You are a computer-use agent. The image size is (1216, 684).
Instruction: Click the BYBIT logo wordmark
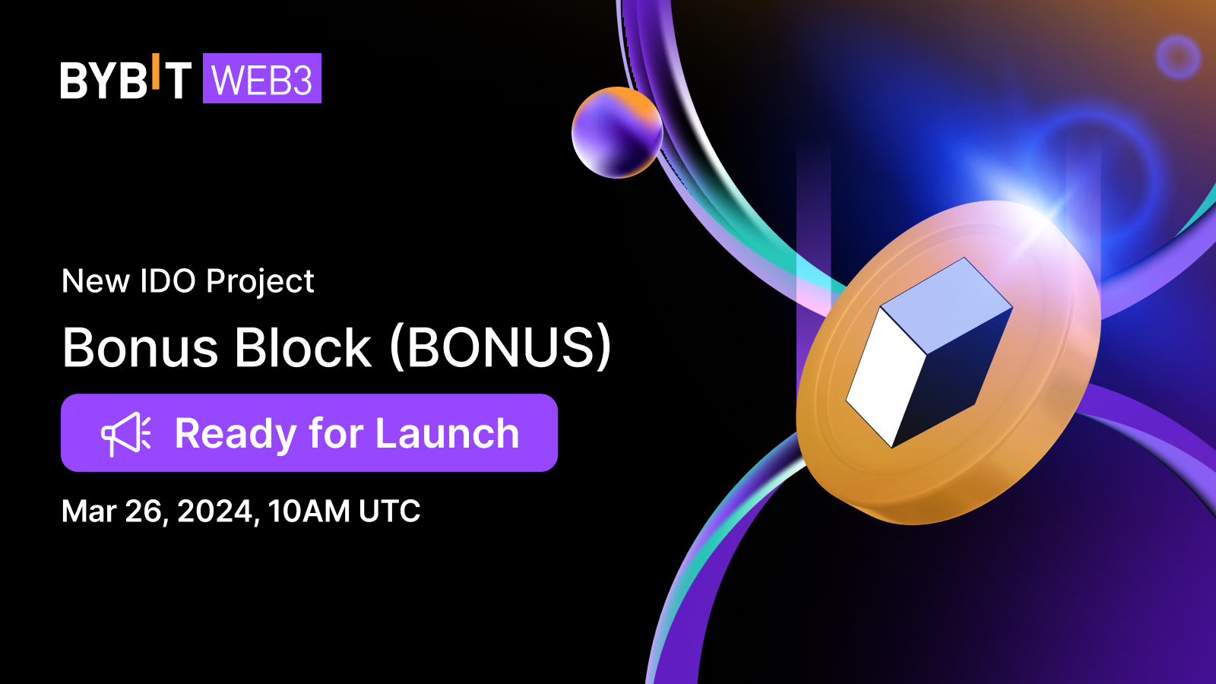point(125,79)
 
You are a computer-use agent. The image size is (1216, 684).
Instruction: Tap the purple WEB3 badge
point(262,79)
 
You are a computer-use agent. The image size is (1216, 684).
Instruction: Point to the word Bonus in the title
point(141,348)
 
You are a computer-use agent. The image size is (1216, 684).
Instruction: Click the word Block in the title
point(302,348)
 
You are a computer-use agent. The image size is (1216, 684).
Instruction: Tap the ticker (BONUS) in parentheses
point(500,348)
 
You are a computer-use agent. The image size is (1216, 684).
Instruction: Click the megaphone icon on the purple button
point(126,434)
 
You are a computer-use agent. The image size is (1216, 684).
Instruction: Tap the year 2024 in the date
point(214,511)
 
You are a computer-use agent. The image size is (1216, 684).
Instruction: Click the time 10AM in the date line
point(309,511)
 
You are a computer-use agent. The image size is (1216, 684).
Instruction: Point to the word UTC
point(390,511)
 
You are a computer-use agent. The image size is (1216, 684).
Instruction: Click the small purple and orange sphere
point(616,133)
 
